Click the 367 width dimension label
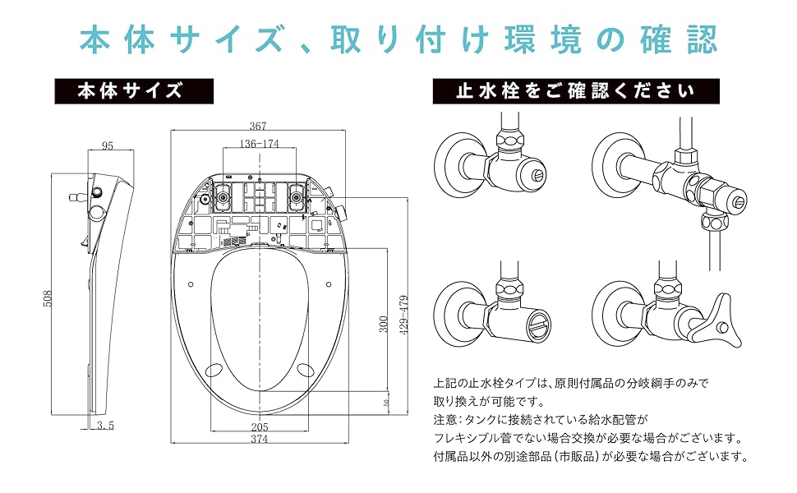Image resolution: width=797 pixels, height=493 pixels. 259,127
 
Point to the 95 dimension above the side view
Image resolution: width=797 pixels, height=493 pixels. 108,146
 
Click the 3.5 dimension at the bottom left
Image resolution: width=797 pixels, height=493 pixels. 104,426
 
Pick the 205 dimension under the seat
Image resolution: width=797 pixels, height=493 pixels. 259,426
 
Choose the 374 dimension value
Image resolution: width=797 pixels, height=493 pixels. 259,439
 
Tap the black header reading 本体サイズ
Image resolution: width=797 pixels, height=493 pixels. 134,90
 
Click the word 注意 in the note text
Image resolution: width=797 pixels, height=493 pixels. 445,420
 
